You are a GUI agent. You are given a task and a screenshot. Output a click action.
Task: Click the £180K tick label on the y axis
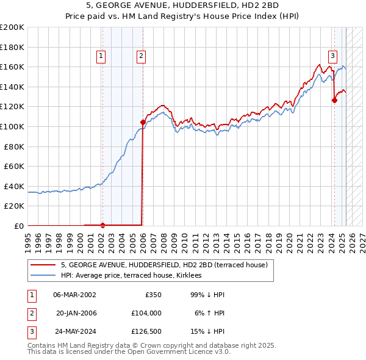[x=12, y=46]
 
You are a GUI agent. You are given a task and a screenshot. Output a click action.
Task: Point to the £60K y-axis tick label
[x=14, y=166]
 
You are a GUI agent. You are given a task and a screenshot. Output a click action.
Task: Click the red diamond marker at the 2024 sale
[x=334, y=101]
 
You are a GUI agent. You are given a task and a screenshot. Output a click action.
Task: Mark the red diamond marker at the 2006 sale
[x=143, y=122]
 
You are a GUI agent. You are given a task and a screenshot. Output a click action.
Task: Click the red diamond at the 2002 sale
[x=102, y=225]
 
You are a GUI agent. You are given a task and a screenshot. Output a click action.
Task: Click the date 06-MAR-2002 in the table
[x=74, y=295]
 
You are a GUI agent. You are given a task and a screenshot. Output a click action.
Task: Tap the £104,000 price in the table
[x=146, y=313]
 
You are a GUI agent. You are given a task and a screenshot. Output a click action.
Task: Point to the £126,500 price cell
[x=146, y=332]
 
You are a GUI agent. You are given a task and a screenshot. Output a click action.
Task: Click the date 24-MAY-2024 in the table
[x=74, y=332]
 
